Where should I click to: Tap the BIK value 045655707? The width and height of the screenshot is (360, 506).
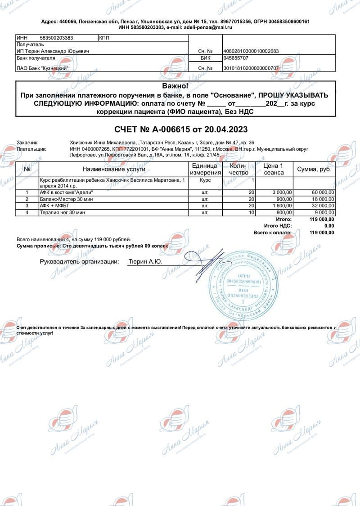tap(236, 58)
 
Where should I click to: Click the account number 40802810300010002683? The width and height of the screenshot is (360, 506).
tap(251, 51)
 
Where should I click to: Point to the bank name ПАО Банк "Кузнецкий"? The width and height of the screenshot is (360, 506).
tap(42, 68)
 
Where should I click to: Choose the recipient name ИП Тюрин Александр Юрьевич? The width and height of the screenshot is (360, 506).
tap(53, 51)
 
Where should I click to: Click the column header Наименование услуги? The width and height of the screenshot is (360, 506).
tap(113, 169)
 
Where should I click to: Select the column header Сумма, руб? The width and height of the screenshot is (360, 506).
tap(314, 169)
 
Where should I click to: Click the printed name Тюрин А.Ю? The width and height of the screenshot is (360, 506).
tap(145, 261)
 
